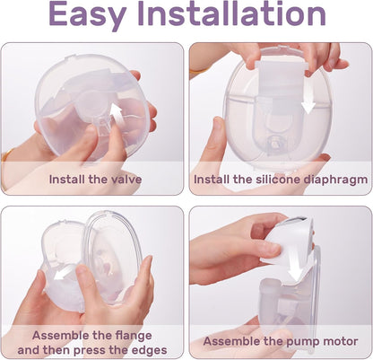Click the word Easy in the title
coord(87,14)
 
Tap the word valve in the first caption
coord(126,180)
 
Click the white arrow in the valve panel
coord(117,115)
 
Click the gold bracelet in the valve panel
coord(6,154)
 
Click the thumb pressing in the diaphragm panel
coord(218,138)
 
